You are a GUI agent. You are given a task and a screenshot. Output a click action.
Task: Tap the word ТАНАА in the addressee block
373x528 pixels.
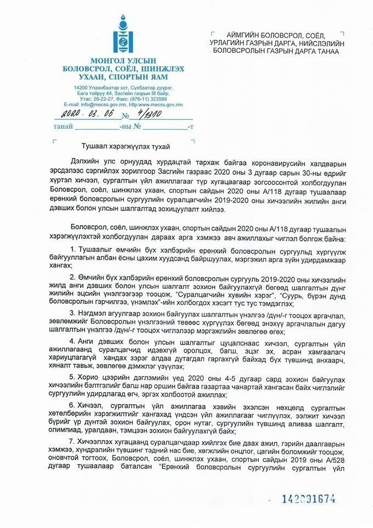(x=325, y=51)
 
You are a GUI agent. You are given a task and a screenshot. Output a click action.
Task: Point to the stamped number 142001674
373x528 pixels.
(x=308, y=499)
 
